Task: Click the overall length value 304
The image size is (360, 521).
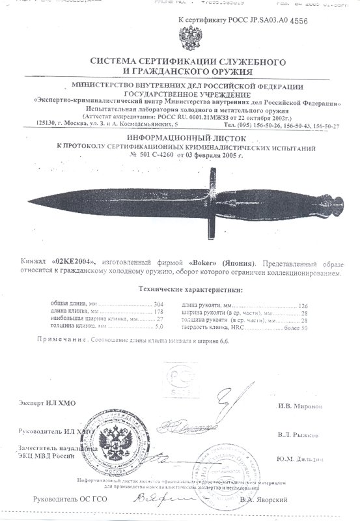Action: coord(158,305)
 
